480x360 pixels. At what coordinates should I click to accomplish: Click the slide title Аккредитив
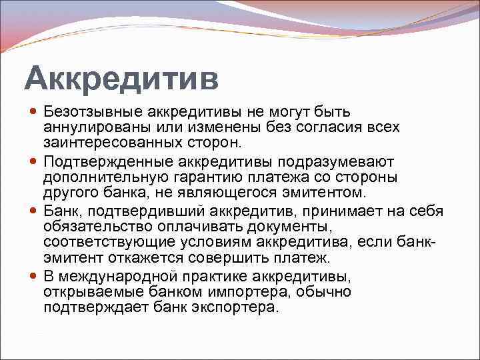(121, 79)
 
